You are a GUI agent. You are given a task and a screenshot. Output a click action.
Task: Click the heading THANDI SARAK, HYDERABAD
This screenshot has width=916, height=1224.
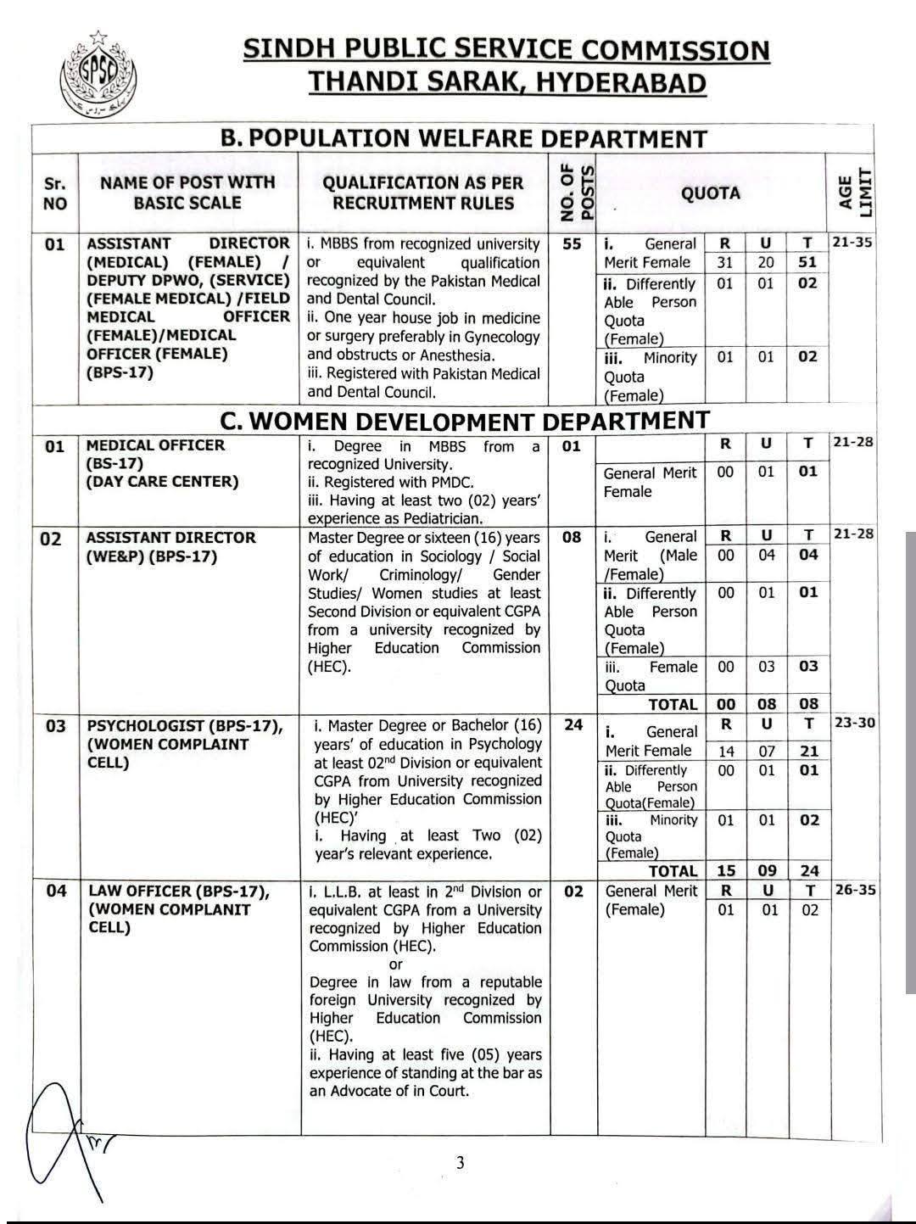click(x=506, y=83)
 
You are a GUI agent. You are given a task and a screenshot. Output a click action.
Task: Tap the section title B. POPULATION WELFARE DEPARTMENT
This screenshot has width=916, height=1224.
click(x=463, y=138)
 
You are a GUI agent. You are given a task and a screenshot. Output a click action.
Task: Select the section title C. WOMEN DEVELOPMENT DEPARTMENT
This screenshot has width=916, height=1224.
click(x=463, y=422)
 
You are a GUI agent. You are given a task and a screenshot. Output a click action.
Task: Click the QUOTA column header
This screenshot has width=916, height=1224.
click(x=711, y=193)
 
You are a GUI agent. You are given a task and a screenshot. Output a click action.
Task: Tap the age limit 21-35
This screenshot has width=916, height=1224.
click(x=852, y=243)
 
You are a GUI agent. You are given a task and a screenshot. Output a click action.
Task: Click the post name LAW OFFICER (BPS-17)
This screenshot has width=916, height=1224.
click(x=179, y=891)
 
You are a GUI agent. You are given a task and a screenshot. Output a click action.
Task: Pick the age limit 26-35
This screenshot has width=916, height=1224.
click(x=854, y=891)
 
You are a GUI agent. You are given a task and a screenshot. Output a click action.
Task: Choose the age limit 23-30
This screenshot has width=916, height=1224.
click(x=854, y=724)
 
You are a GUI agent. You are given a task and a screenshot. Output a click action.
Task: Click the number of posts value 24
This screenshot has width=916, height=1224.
click(x=573, y=725)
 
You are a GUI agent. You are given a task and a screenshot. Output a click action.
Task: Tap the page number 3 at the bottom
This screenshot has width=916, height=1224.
click(x=461, y=1163)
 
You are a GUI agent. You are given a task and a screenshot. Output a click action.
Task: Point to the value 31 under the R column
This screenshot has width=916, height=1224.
click(x=725, y=263)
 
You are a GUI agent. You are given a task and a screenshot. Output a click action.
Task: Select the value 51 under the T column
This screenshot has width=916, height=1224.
click(x=807, y=263)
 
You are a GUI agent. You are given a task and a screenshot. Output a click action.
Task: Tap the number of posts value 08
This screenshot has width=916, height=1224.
click(x=573, y=537)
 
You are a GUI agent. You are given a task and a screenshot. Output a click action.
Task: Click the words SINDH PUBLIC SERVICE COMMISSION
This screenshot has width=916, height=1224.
click(x=506, y=50)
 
